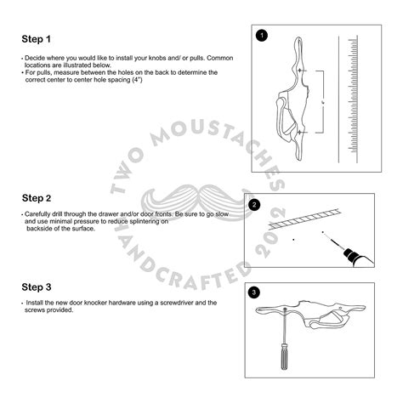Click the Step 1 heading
pos(37,39)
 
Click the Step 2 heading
pos(37,198)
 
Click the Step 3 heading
pos(37,287)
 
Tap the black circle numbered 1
pos(262,36)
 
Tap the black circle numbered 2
pos(254,205)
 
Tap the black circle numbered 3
pos(253,292)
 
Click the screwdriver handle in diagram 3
pos(284,356)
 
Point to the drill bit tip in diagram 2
pos(323,232)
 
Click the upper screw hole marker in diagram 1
pos(299,70)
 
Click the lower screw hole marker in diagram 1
pos(299,133)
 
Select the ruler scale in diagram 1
pos(353,99)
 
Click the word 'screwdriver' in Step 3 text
pos(176,303)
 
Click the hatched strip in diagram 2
pos(304,219)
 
